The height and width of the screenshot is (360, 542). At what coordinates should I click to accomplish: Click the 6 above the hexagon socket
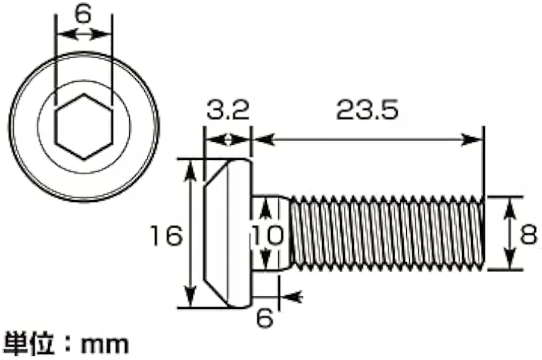tap(83, 14)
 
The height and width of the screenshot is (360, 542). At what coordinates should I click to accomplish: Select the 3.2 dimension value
tap(228, 110)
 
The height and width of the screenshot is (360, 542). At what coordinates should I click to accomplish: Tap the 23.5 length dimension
tap(367, 110)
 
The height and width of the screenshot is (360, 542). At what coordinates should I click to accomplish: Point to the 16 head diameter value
tap(167, 236)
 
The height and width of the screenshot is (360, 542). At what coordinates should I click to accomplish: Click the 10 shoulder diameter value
tap(267, 236)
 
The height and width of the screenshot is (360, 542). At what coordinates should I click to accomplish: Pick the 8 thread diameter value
tap(529, 235)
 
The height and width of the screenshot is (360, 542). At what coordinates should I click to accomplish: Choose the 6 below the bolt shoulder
tap(265, 318)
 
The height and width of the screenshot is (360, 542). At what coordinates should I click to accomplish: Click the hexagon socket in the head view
tap(84, 127)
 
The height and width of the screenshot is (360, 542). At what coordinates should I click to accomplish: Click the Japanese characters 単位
tap(29, 344)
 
